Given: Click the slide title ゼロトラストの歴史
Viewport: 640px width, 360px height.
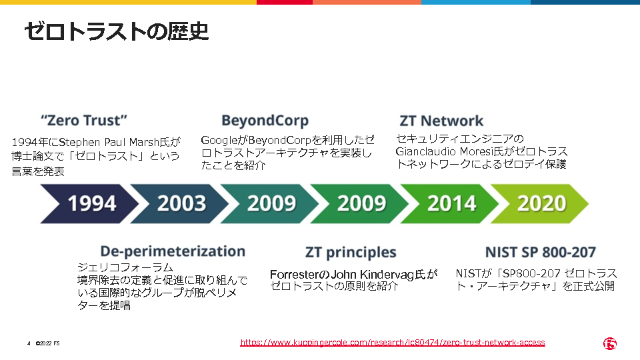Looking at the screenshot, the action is click(117, 31).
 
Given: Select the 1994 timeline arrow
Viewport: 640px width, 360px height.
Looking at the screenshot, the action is click(90, 204).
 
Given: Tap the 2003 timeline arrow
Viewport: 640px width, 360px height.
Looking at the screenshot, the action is click(180, 204).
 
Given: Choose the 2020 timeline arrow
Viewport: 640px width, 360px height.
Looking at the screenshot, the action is click(539, 204).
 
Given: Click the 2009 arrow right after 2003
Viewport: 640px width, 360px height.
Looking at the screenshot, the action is click(270, 204).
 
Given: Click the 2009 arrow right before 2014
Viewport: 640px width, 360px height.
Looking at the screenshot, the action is click(360, 204).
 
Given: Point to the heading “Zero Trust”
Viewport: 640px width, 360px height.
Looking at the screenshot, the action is click(84, 121).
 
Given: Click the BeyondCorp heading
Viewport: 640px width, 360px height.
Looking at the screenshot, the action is click(265, 121).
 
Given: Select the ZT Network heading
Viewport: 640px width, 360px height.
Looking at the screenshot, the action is click(441, 121).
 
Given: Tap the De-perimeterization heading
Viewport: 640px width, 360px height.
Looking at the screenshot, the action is click(173, 251).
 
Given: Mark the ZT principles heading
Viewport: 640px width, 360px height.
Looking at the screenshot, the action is click(351, 253).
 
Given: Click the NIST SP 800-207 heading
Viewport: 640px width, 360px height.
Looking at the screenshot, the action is click(541, 252).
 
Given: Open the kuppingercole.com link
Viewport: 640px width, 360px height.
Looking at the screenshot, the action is click(393, 343).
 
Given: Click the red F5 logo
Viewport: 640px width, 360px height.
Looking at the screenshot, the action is click(610, 344).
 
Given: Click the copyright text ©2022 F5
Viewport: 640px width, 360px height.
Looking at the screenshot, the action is click(48, 344).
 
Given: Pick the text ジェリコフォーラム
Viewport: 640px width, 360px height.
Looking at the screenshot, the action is click(125, 267).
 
